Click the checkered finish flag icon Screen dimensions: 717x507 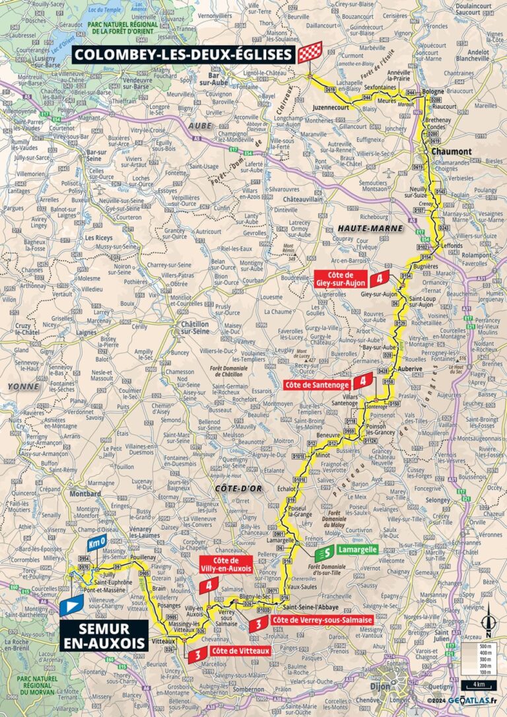click(308, 53)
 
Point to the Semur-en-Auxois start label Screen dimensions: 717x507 click(103, 634)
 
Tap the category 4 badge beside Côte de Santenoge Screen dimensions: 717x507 click(362, 381)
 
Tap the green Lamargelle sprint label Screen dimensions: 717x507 click(356, 549)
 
